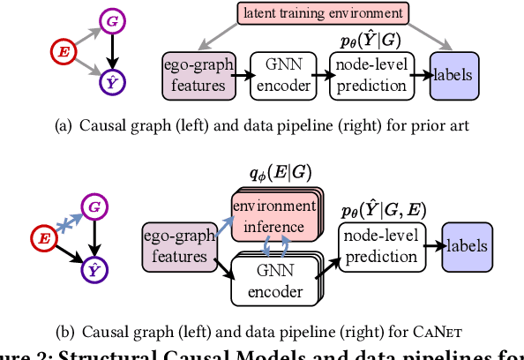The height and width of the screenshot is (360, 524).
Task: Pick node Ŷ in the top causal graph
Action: pos(111,83)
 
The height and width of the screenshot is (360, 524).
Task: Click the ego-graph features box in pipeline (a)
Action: pos(199,75)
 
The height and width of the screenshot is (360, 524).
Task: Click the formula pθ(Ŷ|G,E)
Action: pos(383,211)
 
